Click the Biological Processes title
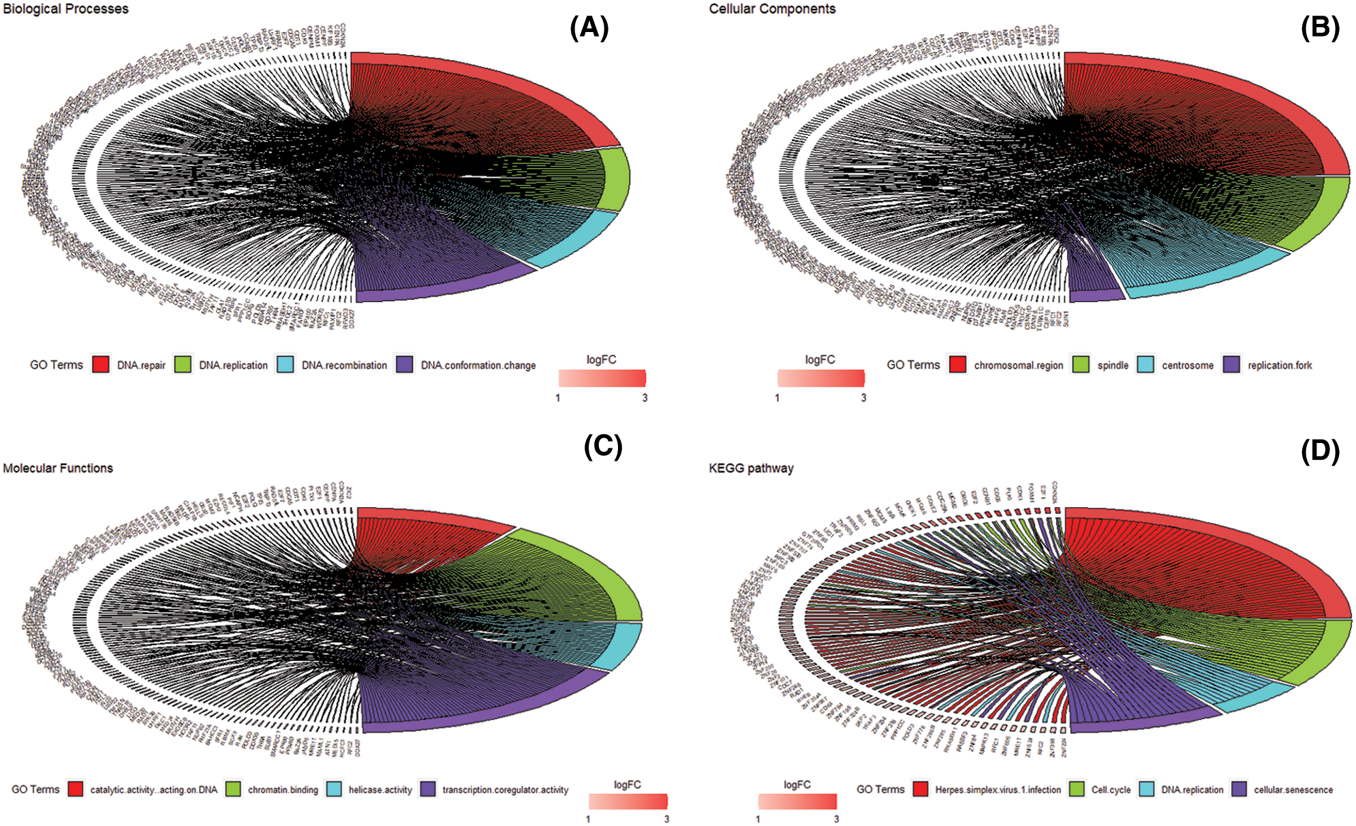click(65, 9)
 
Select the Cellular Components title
click(772, 9)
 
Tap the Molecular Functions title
click(58, 468)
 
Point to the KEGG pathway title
click(751, 468)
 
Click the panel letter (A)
click(589, 28)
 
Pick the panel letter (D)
click(1320, 451)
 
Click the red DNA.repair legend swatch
click(101, 365)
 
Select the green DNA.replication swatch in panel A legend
click(183, 365)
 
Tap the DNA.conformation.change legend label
click(478, 365)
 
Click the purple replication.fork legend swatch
click(1231, 365)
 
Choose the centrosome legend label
click(1188, 365)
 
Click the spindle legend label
click(1113, 365)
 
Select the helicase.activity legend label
click(380, 790)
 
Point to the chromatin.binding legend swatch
click(234, 789)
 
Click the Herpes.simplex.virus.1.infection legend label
click(998, 790)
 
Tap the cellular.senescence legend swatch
click(1239, 789)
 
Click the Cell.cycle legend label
click(1111, 790)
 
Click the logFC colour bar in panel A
click(602, 378)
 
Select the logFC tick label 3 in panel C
click(666, 819)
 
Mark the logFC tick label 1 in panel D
click(758, 819)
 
